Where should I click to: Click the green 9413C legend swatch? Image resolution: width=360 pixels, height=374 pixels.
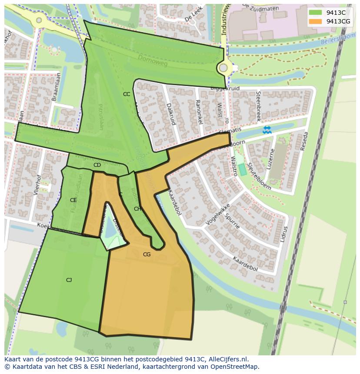315,13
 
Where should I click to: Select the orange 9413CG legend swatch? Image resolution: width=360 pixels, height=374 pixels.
315,21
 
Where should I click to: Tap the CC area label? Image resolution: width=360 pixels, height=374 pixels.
127,94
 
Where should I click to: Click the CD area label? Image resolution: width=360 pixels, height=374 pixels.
97,165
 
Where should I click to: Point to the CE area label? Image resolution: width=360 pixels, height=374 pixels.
73,200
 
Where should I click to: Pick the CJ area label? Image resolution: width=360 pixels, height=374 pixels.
69,280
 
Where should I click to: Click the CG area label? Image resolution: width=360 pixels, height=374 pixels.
147,255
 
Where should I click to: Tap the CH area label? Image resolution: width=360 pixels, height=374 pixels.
137,209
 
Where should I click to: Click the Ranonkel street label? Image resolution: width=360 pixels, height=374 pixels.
199,112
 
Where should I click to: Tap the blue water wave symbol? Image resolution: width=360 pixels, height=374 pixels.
266,129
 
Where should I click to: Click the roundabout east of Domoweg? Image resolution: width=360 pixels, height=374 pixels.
223,68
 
